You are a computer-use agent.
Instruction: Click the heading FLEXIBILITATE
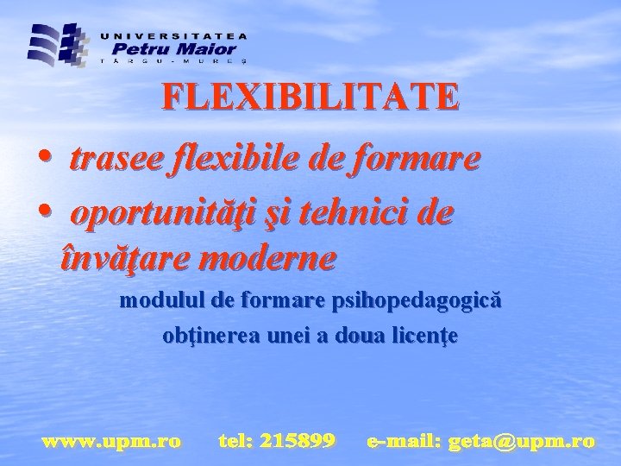(x=310, y=97)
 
